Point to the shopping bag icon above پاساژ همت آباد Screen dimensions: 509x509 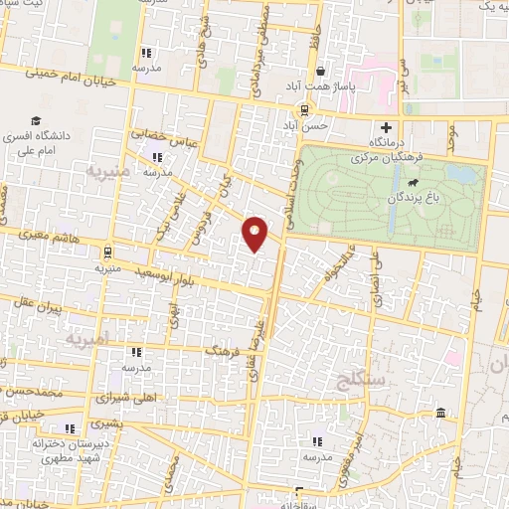click(320, 72)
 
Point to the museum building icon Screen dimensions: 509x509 click(440, 413)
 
